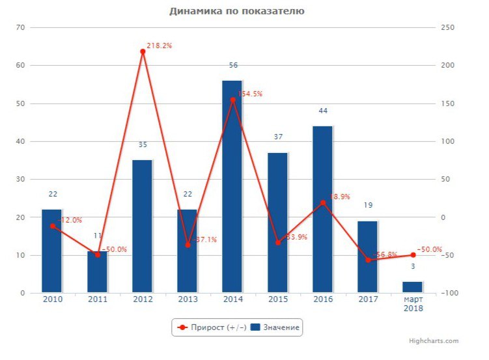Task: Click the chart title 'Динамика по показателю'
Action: click(236, 11)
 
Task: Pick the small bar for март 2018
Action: click(412, 287)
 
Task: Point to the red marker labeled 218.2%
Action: click(143, 51)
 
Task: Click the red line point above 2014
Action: click(232, 100)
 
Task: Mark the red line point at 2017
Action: click(368, 260)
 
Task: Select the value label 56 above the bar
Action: click(233, 65)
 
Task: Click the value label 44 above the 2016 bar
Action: click(323, 111)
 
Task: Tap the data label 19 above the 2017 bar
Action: click(368, 206)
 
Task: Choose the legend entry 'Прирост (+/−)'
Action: click(208, 327)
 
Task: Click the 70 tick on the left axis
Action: click(20, 27)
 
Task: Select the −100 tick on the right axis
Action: click(449, 293)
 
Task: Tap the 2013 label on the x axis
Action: click(188, 299)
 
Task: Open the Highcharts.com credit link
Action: click(433, 340)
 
